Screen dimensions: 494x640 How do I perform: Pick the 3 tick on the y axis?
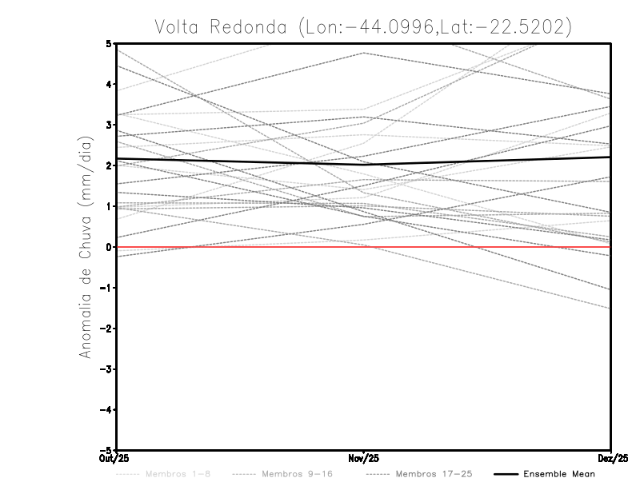coord(109,125)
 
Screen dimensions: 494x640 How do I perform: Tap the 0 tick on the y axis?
coord(109,247)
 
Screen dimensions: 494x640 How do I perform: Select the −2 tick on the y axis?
coord(107,329)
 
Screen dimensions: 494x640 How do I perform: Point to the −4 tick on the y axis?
coord(107,409)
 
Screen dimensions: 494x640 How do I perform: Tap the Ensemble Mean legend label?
coord(559,474)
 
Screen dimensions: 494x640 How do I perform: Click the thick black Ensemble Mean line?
coord(240,161)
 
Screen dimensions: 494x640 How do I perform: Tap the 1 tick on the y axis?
coord(109,206)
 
